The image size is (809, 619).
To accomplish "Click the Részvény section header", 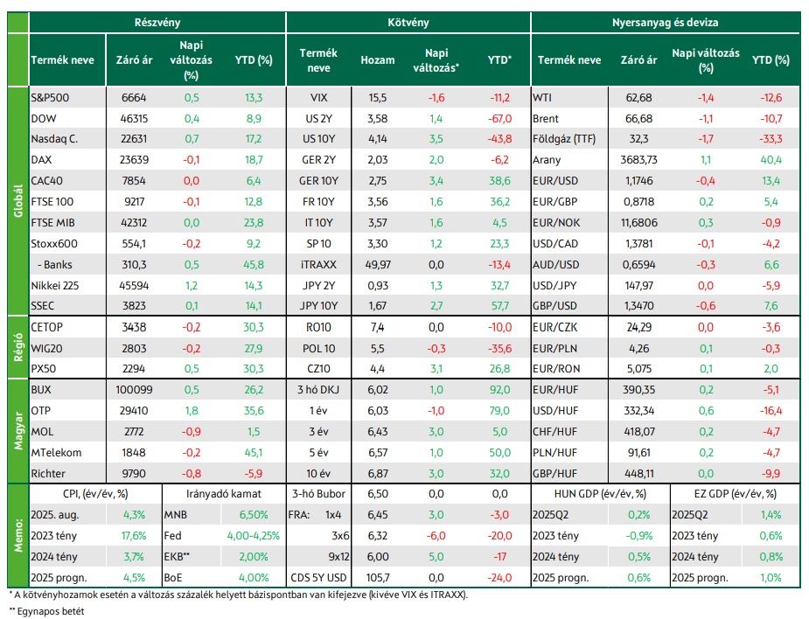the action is [x=157, y=23].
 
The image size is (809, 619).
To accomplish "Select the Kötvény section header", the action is [x=408, y=23].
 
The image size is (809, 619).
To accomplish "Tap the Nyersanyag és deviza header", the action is [x=665, y=23].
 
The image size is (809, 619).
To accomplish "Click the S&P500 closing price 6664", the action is [x=134, y=98].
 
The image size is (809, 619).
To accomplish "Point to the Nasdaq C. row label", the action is [x=54, y=139].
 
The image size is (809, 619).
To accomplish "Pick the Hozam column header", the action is [x=378, y=60].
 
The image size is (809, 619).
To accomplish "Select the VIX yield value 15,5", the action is [x=378, y=98].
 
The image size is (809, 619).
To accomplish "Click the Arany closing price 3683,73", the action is [x=638, y=160].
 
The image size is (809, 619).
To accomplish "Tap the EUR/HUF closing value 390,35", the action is [x=638, y=390].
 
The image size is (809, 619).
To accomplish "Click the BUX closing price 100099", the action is [x=134, y=390].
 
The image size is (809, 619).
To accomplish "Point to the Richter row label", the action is [x=48, y=474].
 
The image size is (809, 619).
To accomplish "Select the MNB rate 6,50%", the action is [x=254, y=515].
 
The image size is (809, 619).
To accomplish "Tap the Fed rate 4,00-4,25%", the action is [x=254, y=536].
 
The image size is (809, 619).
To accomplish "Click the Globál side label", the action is [x=18, y=201].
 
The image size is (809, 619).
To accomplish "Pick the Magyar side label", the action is [x=18, y=431].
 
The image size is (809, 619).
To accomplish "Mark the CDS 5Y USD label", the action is [x=319, y=578].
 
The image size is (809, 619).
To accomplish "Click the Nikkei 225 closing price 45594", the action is [x=134, y=285].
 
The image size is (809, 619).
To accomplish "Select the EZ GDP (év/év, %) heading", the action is [x=736, y=494].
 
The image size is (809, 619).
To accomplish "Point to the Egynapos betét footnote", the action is [x=46, y=611].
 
